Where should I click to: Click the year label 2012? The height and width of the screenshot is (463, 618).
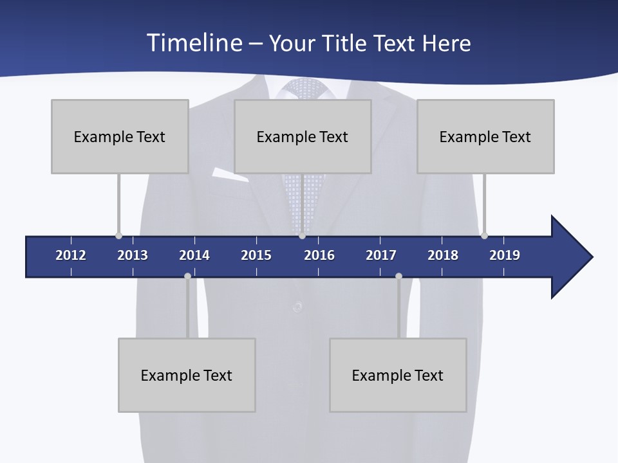pyautogui.click(x=71, y=255)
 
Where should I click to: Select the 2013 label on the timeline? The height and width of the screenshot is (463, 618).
pyautogui.click(x=133, y=255)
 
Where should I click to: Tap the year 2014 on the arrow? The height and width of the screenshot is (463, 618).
pyautogui.click(x=194, y=255)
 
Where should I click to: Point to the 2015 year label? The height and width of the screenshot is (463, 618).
pyautogui.click(x=256, y=255)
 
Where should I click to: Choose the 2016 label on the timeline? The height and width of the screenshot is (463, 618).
pyautogui.click(x=319, y=255)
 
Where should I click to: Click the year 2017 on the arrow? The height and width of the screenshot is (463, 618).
pyautogui.click(x=381, y=255)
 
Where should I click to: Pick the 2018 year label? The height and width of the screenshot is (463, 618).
pyautogui.click(x=443, y=255)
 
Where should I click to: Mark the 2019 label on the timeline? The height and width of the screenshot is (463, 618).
pyautogui.click(x=505, y=255)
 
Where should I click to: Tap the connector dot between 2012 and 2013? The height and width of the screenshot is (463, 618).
pyautogui.click(x=118, y=235)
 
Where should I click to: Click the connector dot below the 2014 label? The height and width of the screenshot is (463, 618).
pyautogui.click(x=187, y=277)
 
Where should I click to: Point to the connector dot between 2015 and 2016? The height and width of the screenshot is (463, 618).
pyautogui.click(x=302, y=235)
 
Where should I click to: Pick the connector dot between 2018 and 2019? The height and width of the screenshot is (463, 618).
pyautogui.click(x=484, y=235)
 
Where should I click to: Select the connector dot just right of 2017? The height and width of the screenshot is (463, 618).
pyautogui.click(x=398, y=277)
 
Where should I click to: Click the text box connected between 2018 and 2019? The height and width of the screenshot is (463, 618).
pyautogui.click(x=485, y=136)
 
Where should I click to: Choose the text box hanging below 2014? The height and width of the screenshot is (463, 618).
pyautogui.click(x=187, y=375)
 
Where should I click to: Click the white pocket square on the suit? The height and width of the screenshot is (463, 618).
pyautogui.click(x=229, y=173)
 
